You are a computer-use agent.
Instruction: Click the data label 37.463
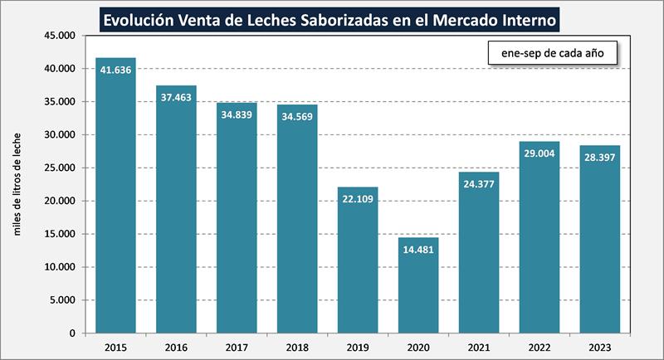click(x=177, y=97)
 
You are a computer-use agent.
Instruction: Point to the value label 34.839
click(x=237, y=114)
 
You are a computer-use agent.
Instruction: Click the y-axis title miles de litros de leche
click(x=17, y=183)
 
